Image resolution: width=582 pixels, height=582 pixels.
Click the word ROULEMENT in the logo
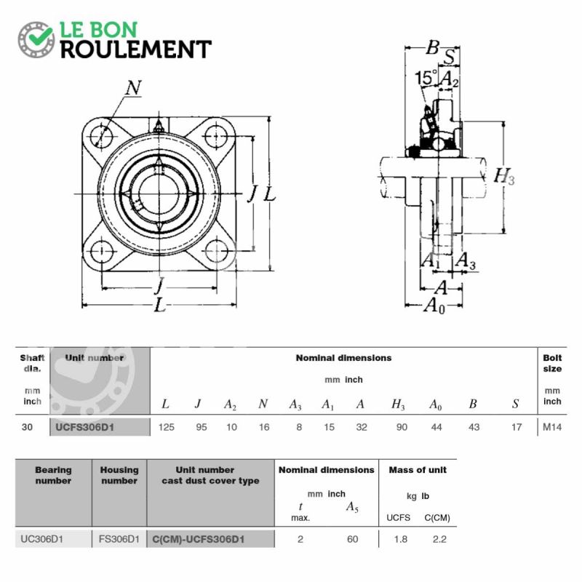136,49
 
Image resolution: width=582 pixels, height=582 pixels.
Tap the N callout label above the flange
133,88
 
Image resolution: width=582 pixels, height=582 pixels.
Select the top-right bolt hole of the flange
215,136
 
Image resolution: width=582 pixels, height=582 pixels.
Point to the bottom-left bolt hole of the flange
101,252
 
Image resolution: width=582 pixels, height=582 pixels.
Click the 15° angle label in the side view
426,78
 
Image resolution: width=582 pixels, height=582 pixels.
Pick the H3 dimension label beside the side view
504,176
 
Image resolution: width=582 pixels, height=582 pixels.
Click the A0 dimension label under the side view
434,306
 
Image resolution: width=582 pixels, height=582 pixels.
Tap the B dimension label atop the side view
432,47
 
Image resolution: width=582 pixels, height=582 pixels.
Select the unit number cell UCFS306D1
84,427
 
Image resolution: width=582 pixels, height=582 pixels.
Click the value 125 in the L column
167,427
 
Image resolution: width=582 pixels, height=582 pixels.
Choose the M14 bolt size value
552,427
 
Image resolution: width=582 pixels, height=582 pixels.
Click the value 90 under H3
402,427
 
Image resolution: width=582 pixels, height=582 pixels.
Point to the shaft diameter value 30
27,427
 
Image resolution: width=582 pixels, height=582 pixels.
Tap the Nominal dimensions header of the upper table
343,358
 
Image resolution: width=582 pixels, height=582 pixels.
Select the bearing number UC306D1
41,539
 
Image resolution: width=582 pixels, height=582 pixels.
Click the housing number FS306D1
119,539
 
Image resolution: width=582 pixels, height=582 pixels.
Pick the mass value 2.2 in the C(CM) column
439,539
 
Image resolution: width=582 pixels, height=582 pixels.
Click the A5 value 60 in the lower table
353,539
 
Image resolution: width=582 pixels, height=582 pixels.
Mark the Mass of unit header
418,470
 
